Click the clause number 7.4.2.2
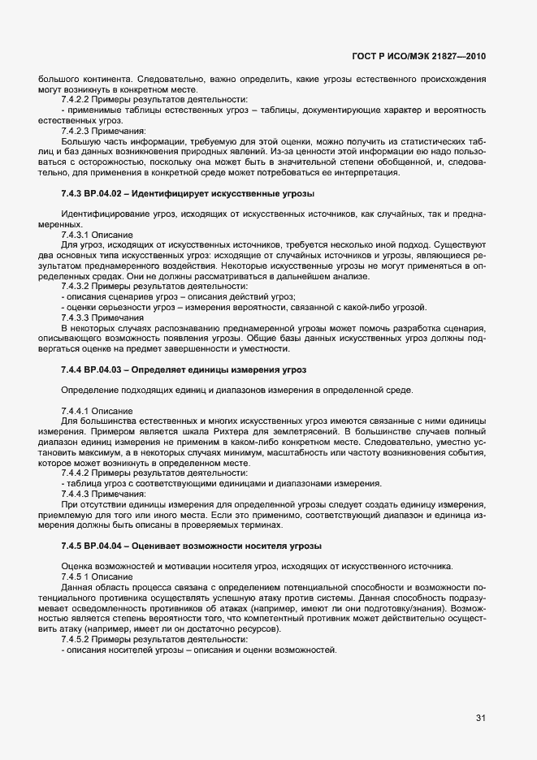pyautogui.click(x=79, y=99)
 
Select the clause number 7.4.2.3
pyautogui.click(x=79, y=130)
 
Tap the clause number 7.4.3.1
pyautogui.click(x=79, y=233)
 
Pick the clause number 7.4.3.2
pyautogui.click(x=79, y=286)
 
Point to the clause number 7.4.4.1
pyautogui.click(x=79, y=411)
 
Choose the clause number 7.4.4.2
pyautogui.click(x=79, y=473)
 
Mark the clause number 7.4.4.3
pyautogui.click(x=79, y=494)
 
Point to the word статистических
pyautogui.click(x=426, y=140)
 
